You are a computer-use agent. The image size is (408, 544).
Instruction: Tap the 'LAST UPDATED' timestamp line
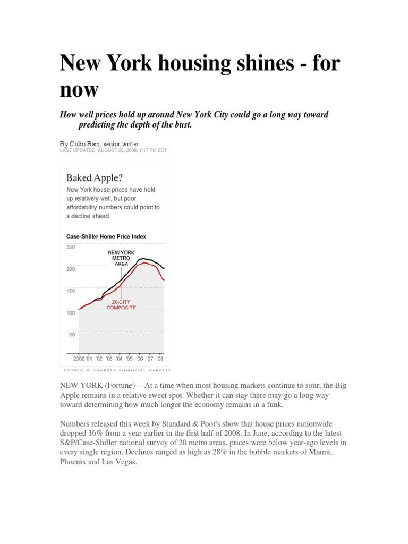tap(113, 150)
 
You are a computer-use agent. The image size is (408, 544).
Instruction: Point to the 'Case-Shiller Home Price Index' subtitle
tap(106, 236)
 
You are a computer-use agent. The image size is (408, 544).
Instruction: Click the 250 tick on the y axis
tap(71, 247)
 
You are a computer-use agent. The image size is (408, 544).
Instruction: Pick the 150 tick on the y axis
tap(71, 291)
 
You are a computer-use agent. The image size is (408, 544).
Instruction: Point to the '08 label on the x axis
tap(159, 359)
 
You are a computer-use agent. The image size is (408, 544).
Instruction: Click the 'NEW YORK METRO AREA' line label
tap(122, 258)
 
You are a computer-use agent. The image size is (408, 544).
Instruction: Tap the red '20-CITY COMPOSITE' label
tap(121, 304)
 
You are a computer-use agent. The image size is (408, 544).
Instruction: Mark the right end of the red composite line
tap(164, 279)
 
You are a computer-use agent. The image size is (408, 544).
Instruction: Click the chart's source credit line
tap(117, 369)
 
